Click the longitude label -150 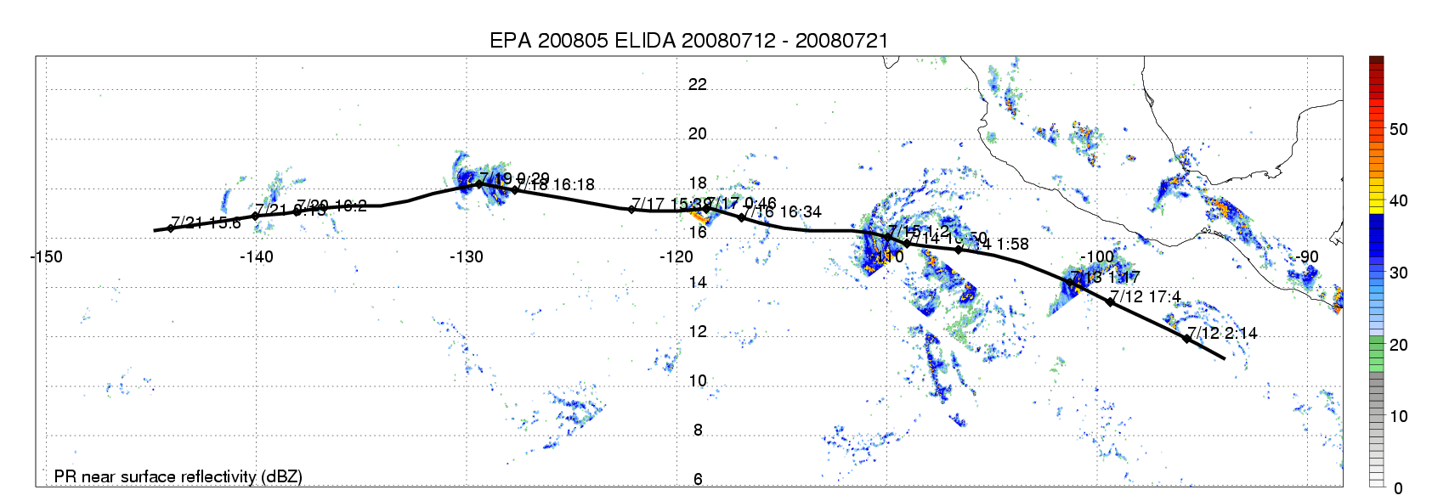coord(46,256)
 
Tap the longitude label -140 coord(256,256)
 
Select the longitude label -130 coord(466,256)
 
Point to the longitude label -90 coord(1306,256)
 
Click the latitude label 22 coord(698,84)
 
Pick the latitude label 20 coord(698,133)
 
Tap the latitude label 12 coord(698,331)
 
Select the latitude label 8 coord(698,430)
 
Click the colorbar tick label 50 coord(1398,129)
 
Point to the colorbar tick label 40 coord(1398,200)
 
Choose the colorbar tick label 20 coord(1398,345)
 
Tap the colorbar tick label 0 coord(1398,488)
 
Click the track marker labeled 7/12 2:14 coord(1186,339)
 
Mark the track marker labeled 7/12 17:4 coord(1110,302)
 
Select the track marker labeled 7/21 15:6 coord(171,228)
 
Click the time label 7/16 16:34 coord(783,212)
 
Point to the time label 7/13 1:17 coord(1105,278)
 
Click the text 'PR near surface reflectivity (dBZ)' coord(178,476)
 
